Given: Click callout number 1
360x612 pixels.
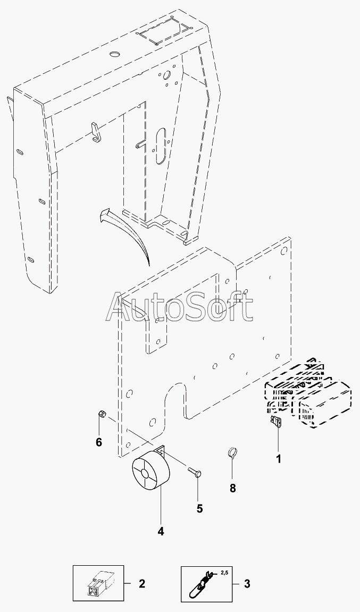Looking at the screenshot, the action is coord(279,458).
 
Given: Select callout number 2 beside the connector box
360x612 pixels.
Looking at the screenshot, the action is coord(142,584).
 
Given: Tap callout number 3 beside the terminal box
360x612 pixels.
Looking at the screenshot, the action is coord(247,584).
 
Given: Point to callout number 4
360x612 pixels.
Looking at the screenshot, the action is coord(160,531).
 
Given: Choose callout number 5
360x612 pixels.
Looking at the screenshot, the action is coord(199,508).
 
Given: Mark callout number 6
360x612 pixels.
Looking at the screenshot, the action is coord(99,442).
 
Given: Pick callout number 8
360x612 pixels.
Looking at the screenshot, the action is coord(232,488).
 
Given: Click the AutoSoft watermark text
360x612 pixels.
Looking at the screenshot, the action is coord(180,307).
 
